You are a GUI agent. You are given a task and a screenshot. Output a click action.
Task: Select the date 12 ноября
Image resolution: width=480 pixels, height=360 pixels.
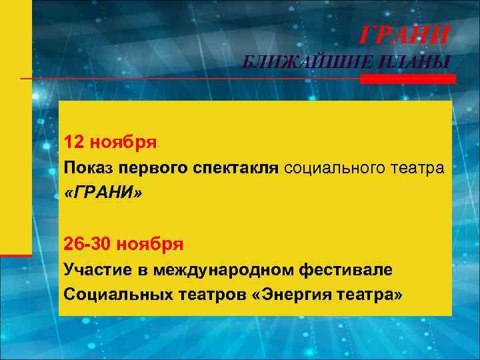point(110,143)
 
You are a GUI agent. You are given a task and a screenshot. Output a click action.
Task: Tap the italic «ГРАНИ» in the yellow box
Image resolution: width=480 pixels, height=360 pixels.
point(104,193)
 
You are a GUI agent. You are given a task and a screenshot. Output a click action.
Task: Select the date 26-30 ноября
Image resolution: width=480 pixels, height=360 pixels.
point(123,244)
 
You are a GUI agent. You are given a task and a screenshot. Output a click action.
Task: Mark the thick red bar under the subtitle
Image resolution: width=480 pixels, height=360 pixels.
point(408,79)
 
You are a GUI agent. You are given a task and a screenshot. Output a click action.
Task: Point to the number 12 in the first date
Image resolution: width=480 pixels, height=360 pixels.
point(74,143)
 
